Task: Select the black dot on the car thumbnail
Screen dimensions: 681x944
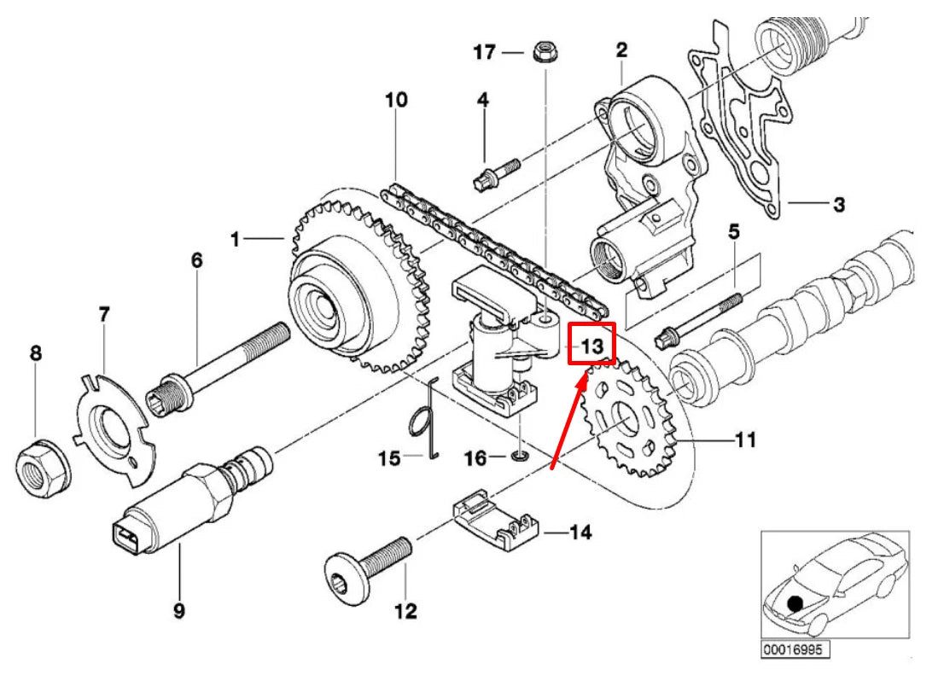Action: (x=795, y=603)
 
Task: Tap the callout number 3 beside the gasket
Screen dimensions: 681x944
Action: (x=838, y=205)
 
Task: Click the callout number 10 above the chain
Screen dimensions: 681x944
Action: (x=396, y=100)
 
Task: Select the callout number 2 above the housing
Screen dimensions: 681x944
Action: (x=621, y=50)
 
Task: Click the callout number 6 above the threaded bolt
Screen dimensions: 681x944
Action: (x=197, y=260)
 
